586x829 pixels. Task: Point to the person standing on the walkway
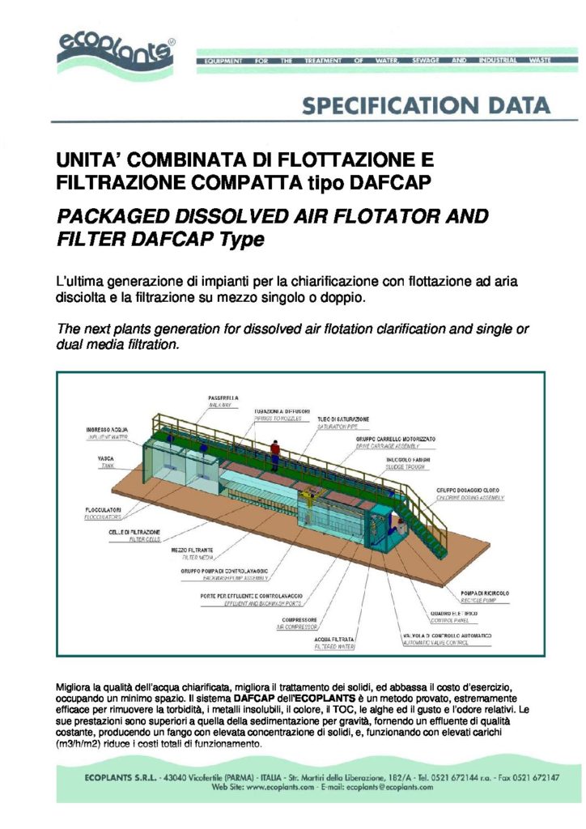(276, 451)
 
